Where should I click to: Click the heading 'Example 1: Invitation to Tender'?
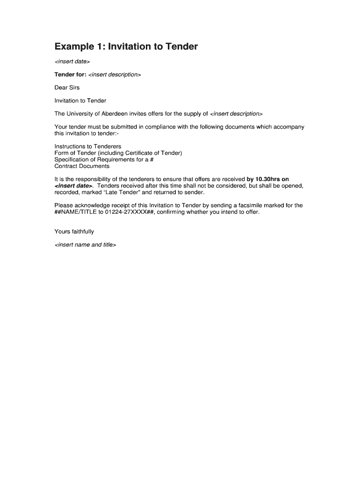[126, 47]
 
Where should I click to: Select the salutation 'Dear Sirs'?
[67, 87]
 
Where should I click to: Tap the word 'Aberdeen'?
[114, 114]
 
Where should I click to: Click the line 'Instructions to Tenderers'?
[88, 146]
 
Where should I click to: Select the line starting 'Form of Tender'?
[118, 153]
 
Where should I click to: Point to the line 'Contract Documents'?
[82, 166]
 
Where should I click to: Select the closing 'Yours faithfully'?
[74, 232]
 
